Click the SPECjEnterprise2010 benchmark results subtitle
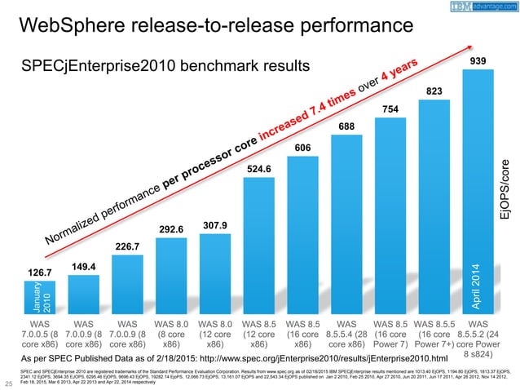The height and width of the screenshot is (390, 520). pyautogui.click(x=168, y=64)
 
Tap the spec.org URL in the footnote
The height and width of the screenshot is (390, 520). pyautogui.click(x=342, y=358)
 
